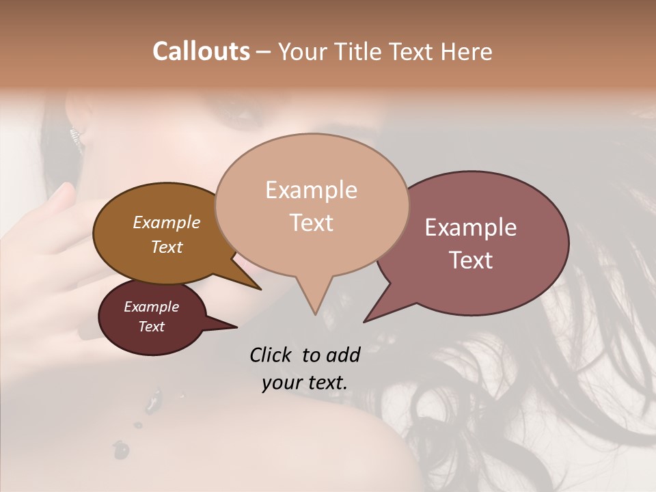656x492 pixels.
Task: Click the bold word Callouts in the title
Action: [201, 51]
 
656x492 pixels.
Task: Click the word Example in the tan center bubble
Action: [311, 190]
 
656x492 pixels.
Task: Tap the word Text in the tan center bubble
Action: [311, 223]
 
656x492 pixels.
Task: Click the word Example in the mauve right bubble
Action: [471, 228]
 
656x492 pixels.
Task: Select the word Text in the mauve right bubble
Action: [471, 260]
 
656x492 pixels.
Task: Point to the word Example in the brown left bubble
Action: [167, 222]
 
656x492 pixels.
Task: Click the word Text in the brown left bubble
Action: [167, 247]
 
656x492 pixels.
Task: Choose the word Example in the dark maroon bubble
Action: [152, 307]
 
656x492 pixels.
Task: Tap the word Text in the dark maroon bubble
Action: [152, 327]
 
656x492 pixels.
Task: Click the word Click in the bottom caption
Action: [271, 355]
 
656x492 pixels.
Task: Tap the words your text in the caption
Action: [305, 383]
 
